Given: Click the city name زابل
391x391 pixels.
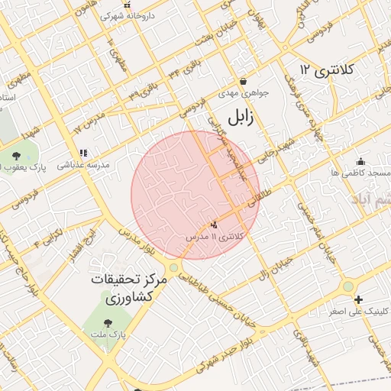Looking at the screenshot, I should (x=238, y=119).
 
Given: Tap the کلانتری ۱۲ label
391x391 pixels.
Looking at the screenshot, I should (x=328, y=70).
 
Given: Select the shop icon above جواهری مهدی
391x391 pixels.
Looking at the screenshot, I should (x=243, y=81).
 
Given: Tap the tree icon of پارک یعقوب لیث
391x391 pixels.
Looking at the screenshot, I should (x=16, y=157).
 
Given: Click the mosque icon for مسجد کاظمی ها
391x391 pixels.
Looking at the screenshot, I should (x=361, y=162).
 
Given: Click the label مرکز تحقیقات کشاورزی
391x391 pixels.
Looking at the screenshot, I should (x=120, y=287).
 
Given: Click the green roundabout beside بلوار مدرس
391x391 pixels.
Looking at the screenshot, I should (x=175, y=267).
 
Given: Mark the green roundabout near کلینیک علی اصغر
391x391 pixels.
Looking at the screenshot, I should (x=348, y=286).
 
